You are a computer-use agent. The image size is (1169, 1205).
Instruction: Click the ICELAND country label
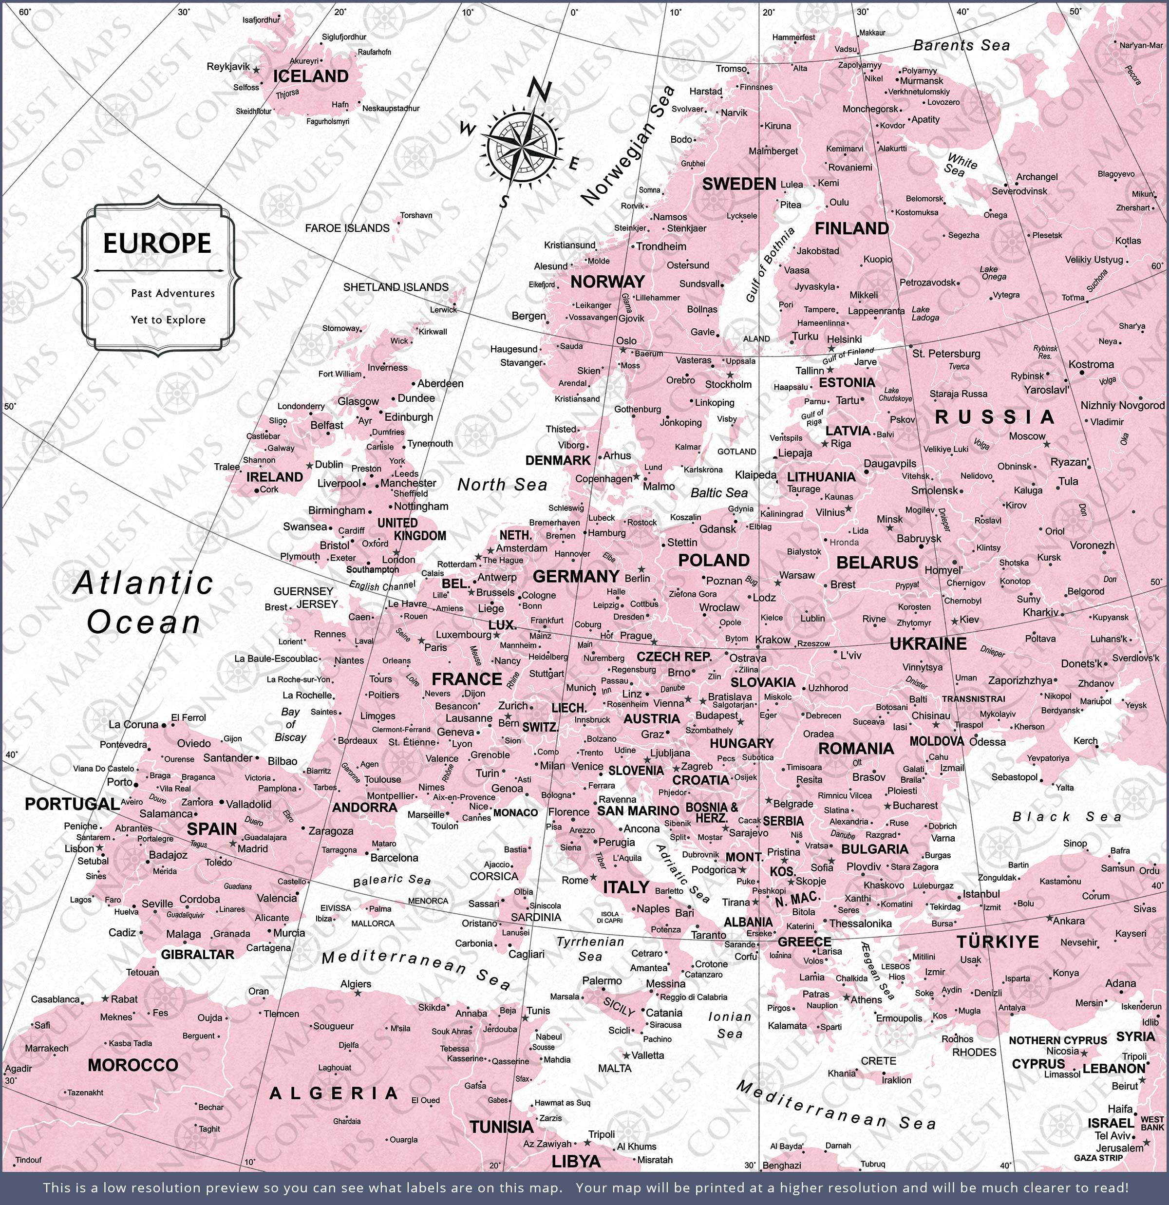coord(311,76)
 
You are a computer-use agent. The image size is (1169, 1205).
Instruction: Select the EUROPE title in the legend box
coord(157,244)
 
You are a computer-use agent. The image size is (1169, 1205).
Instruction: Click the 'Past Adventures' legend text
coord(173,293)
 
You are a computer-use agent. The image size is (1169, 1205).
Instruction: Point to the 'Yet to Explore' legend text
coord(168,320)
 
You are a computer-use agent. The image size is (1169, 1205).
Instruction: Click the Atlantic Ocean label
coord(143,602)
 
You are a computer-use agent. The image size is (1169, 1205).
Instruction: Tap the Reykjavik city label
coord(228,66)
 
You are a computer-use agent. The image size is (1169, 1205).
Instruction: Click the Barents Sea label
coord(961,45)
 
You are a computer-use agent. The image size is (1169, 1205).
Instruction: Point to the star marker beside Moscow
coord(1046,443)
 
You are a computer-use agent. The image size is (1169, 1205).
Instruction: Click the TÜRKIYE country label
coord(998,942)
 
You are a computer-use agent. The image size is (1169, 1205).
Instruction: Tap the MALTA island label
coord(614,1069)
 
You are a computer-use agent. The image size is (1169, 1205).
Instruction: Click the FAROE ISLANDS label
coord(347,228)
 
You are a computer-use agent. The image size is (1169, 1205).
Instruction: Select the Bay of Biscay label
coord(290,724)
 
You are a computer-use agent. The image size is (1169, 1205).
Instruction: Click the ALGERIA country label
coord(335,1093)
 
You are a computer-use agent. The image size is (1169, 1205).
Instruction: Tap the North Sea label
coord(502,485)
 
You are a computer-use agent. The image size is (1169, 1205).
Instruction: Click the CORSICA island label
coord(494,876)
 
